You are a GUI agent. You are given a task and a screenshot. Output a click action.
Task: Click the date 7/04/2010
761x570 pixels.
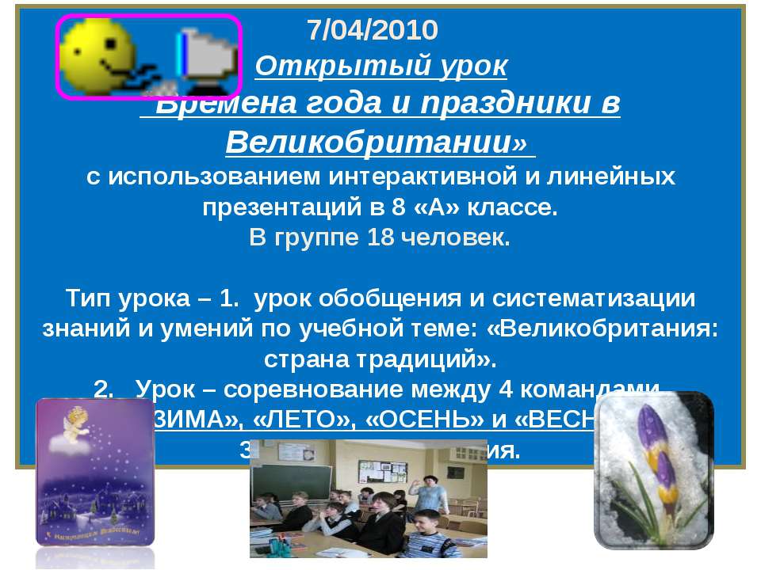[x=372, y=30]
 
